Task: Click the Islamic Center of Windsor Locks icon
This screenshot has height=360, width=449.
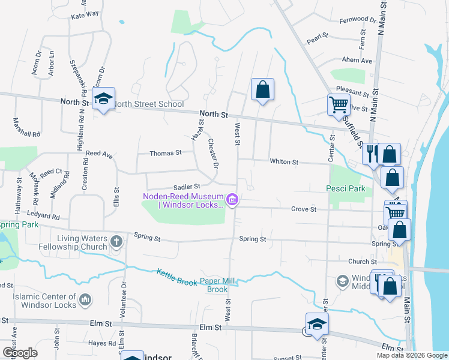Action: [x=85, y=299]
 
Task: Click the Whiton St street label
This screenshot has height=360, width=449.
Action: [x=284, y=162]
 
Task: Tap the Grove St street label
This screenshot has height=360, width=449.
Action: [x=304, y=209]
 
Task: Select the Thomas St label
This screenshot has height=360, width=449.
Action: [x=165, y=154]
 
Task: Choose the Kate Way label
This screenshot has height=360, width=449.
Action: [x=85, y=15]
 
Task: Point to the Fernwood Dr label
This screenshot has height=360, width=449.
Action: [x=357, y=20]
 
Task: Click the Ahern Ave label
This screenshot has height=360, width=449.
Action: [x=357, y=61]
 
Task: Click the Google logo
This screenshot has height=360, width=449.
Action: [x=20, y=353]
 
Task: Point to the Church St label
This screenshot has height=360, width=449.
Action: [x=362, y=262]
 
